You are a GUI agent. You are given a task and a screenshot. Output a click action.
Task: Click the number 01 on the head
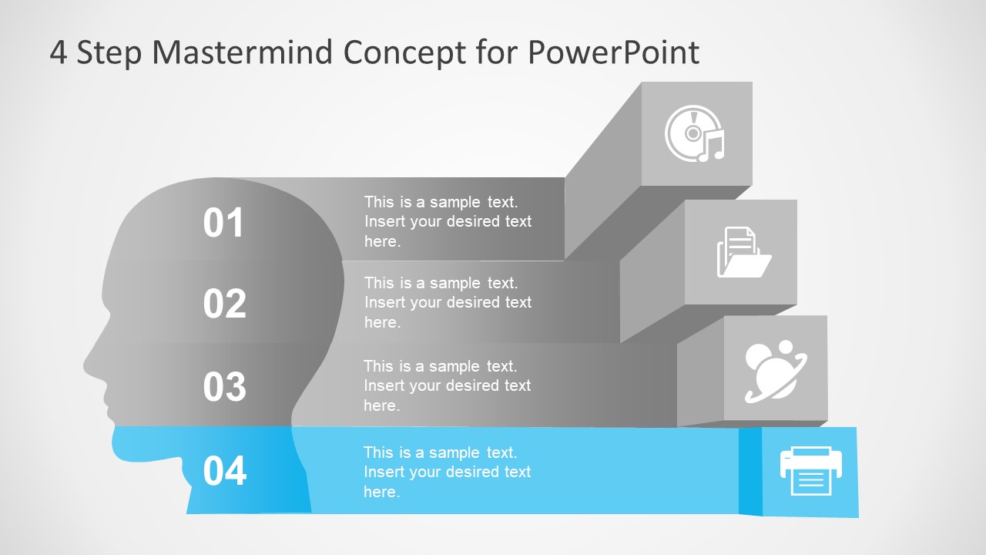tap(223, 223)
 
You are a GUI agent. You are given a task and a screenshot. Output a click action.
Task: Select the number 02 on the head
tap(224, 304)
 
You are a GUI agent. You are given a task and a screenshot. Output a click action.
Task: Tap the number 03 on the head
tap(224, 386)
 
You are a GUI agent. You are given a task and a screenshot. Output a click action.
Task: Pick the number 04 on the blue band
tap(224, 471)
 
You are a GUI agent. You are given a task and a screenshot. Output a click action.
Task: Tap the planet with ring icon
tap(775, 371)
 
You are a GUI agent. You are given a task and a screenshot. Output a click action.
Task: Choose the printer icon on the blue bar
tap(810, 470)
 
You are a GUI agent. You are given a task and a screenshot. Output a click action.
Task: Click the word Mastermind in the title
tap(243, 52)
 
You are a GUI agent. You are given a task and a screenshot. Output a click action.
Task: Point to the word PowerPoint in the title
tap(613, 52)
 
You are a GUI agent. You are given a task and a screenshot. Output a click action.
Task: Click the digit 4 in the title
tap(59, 52)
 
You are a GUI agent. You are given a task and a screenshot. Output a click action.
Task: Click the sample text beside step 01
tap(448, 222)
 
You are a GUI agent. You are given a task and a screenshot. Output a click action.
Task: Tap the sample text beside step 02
tap(448, 303)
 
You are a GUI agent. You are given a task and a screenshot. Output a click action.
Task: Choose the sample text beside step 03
tap(447, 385)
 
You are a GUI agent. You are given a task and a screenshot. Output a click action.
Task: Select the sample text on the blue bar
tap(447, 472)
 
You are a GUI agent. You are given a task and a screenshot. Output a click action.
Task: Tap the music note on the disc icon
tap(713, 146)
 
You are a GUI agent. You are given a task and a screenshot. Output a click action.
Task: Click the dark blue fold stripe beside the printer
tap(750, 471)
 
